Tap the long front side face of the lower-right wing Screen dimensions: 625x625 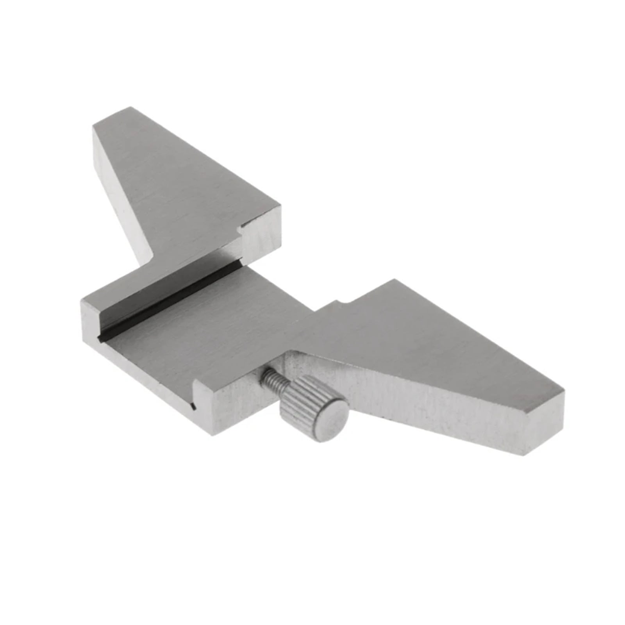tap(430, 402)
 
